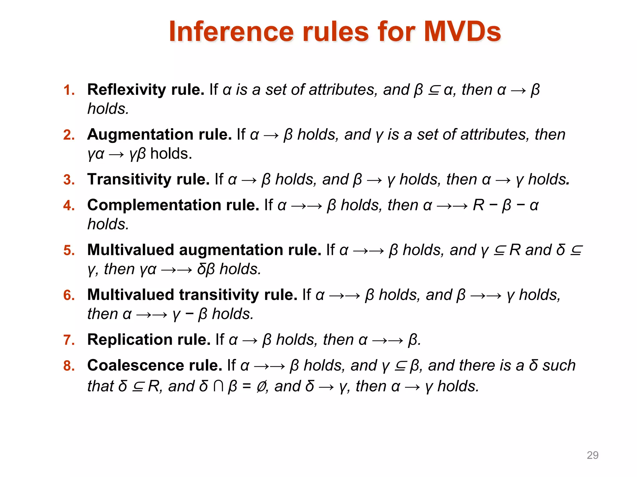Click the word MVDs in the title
[x=462, y=32]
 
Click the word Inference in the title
[x=231, y=32]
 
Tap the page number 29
[x=592, y=455]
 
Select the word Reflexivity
[x=128, y=90]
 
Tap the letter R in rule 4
[x=478, y=205]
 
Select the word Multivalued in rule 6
[x=131, y=295]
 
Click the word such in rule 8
[x=559, y=366]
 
